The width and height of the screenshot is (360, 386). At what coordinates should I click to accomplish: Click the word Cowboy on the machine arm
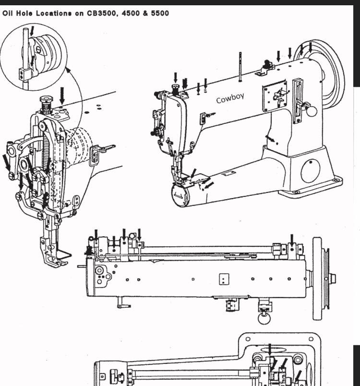[230, 99]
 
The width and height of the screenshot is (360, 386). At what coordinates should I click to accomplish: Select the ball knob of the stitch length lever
[312, 111]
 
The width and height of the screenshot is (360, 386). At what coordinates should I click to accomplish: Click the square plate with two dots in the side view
[224, 279]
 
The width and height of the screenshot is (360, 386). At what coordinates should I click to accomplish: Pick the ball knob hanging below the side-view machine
[263, 318]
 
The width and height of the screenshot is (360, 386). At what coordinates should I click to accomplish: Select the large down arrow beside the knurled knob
[61, 94]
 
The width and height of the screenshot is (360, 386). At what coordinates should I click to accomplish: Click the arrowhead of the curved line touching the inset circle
[67, 71]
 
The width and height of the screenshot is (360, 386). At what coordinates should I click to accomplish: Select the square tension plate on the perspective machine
[274, 95]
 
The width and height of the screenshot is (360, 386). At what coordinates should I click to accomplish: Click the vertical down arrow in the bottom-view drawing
[269, 350]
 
